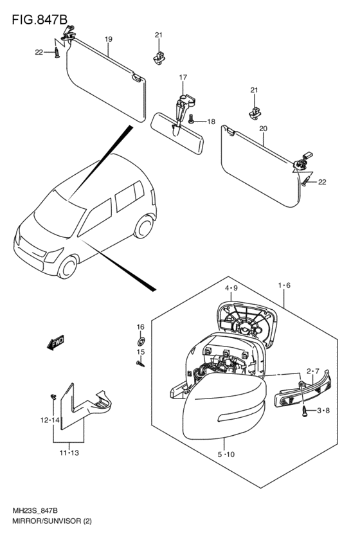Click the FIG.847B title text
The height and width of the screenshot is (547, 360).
pyautogui.click(x=39, y=19)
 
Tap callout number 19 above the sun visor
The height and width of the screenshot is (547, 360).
pyautogui.click(x=109, y=39)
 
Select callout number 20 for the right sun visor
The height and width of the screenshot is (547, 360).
pyautogui.click(x=264, y=129)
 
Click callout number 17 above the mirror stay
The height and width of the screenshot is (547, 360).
pyautogui.click(x=183, y=77)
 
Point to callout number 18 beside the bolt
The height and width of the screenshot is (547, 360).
pyautogui.click(x=211, y=121)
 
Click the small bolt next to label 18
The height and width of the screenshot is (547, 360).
pyautogui.click(x=191, y=119)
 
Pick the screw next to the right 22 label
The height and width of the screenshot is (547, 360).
pyautogui.click(x=306, y=181)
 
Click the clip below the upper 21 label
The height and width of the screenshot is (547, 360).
pyautogui.click(x=159, y=58)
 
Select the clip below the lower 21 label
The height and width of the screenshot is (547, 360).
pyautogui.click(x=255, y=112)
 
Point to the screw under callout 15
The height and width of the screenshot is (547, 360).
pyautogui.click(x=140, y=364)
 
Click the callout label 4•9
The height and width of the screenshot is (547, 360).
pyautogui.click(x=231, y=288)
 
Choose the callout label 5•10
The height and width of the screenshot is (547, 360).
pyautogui.click(x=226, y=454)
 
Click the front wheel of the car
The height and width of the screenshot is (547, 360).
pyautogui.click(x=67, y=267)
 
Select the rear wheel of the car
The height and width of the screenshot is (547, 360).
pyautogui.click(x=144, y=227)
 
